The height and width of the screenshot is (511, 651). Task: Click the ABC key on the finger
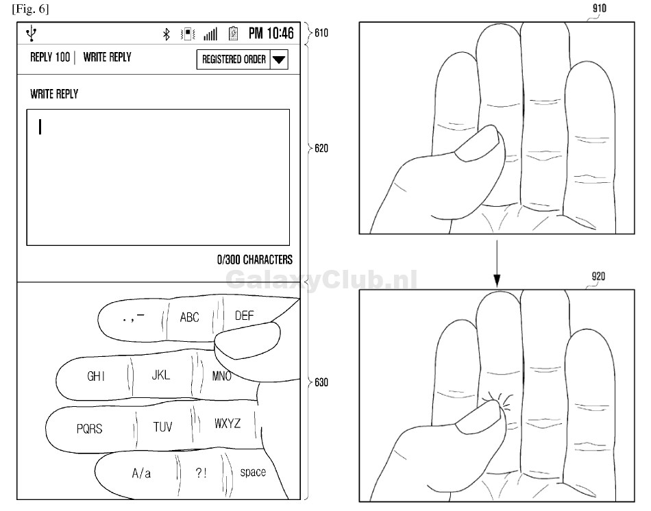(x=189, y=317)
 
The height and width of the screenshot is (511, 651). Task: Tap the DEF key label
(x=244, y=316)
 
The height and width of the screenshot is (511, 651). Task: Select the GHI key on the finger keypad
(x=96, y=376)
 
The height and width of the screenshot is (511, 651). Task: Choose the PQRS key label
(x=89, y=428)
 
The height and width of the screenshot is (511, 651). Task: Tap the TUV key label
(x=162, y=427)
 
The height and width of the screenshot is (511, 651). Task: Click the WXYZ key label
(x=228, y=423)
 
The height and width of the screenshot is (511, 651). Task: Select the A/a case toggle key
(x=141, y=473)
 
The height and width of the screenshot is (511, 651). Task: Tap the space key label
(x=253, y=473)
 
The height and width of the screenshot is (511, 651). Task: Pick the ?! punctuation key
(x=201, y=473)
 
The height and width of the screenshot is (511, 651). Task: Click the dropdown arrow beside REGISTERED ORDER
(x=279, y=60)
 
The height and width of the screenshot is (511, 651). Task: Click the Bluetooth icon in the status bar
(x=167, y=34)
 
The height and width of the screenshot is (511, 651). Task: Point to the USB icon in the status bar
(x=32, y=33)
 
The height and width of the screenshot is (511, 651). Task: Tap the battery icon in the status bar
(x=233, y=34)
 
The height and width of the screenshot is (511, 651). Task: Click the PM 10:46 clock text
(x=271, y=33)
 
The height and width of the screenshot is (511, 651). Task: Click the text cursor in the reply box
(x=40, y=127)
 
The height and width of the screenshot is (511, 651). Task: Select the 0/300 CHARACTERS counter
(x=255, y=260)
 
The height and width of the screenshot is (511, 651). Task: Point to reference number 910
(x=599, y=8)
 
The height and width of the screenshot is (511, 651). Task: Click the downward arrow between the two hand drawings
(x=497, y=264)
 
